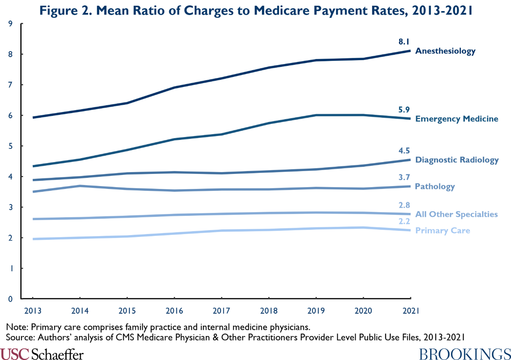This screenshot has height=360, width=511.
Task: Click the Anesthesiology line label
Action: coord(445,51)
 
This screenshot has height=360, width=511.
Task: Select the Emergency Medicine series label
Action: coord(456,119)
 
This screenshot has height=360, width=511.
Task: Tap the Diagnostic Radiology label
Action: coord(457,160)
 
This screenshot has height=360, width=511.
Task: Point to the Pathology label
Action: coord(435,186)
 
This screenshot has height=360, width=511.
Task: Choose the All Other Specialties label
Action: coord(456,214)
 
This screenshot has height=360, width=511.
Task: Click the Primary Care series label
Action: coord(442,231)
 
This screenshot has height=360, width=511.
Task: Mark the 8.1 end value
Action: coord(404,42)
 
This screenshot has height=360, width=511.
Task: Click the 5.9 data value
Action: coord(404,110)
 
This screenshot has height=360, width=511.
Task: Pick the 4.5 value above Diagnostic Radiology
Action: coord(404,151)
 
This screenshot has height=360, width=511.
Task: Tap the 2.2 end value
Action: coord(404,222)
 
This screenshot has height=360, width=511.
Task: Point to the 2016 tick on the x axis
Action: coord(174,311)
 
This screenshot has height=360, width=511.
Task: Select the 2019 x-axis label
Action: coord(316,311)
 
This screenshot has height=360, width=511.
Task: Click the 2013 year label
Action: coord(33,311)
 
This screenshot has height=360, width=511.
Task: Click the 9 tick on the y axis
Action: coord(10,24)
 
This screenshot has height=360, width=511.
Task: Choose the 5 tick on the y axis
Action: coord(10,146)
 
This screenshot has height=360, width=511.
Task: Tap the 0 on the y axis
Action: coord(10,299)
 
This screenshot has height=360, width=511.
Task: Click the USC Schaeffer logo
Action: coord(42,354)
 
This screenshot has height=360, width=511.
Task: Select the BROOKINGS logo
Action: coord(465,354)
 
